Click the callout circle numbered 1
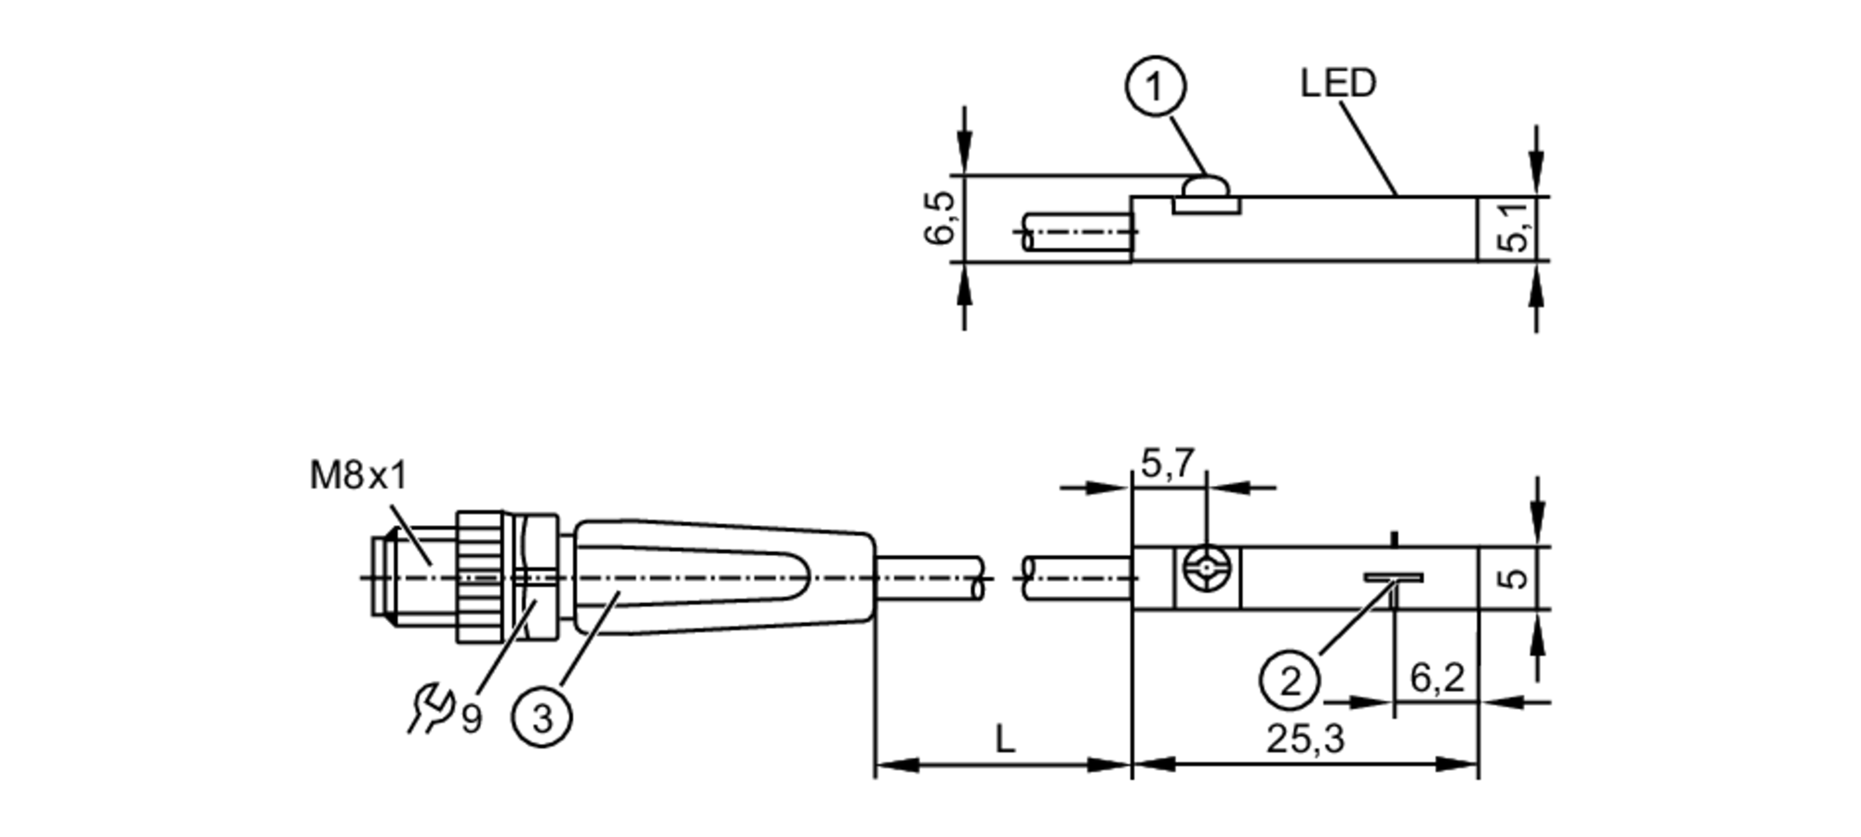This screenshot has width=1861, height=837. [x=1155, y=88]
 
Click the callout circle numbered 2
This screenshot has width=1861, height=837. [x=1290, y=681]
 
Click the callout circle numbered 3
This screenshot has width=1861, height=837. [x=542, y=718]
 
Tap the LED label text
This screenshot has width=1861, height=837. [x=1337, y=84]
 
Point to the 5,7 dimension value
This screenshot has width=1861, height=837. [x=1167, y=463]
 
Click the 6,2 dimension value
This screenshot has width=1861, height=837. [x=1437, y=678]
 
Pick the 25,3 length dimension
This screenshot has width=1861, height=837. [x=1305, y=739]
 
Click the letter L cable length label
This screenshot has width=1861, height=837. [x=1004, y=740]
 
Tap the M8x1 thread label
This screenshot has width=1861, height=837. [x=358, y=477]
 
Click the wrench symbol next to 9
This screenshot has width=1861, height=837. [x=429, y=708]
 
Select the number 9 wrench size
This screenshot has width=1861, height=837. [x=472, y=719]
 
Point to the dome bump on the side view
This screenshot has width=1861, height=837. [x=1205, y=189]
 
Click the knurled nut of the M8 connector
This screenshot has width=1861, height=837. [x=481, y=577]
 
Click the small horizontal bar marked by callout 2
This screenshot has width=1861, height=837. [x=1393, y=577]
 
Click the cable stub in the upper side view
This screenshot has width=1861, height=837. [x=1075, y=232]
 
